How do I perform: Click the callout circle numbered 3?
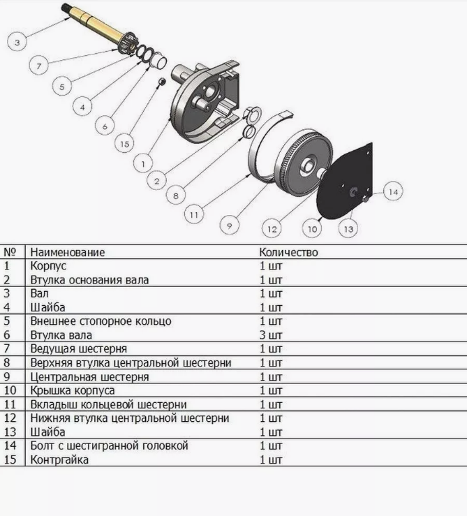point(17,42)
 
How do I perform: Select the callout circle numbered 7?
point(39,66)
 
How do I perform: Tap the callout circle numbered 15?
point(124,143)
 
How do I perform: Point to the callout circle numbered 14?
point(393,191)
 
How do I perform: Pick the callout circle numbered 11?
point(194,214)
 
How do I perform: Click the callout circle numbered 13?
point(348,228)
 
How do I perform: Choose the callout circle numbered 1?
point(143,163)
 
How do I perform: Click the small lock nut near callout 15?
point(161,81)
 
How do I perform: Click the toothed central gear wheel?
point(304,163)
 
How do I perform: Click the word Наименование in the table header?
point(68,252)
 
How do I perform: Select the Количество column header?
point(288,252)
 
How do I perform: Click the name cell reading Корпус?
point(48,265)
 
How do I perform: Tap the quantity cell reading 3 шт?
point(271,335)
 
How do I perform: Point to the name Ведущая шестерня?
point(79,348)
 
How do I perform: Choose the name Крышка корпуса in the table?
point(73,390)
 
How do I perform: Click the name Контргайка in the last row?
point(59,459)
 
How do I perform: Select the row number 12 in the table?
point(10,418)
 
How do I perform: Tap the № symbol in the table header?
point(10,252)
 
